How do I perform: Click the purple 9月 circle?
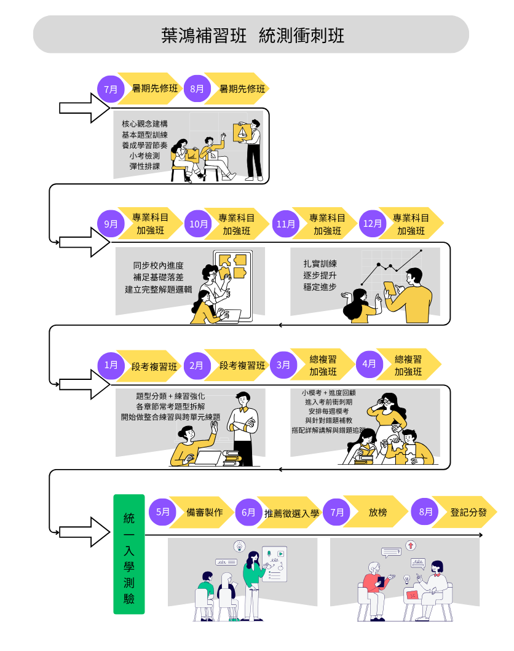[x=111, y=224]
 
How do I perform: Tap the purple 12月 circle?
[x=373, y=224]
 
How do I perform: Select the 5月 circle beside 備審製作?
[x=163, y=512]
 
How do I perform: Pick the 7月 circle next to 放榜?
[x=338, y=512]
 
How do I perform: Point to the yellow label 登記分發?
[x=468, y=512]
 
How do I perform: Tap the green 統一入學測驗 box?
[x=129, y=554]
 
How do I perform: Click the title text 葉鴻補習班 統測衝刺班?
[x=252, y=35]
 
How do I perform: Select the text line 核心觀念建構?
[x=144, y=123]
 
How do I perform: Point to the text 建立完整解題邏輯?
[x=158, y=289]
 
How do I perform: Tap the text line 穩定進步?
[x=320, y=286]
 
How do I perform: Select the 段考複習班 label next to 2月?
[x=242, y=365]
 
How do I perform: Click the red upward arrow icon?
[x=411, y=545]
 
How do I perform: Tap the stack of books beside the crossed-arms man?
[x=232, y=458]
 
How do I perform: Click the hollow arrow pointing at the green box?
[x=83, y=532]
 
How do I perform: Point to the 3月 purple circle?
[x=283, y=365]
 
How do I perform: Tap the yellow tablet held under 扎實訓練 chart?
[x=390, y=288]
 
